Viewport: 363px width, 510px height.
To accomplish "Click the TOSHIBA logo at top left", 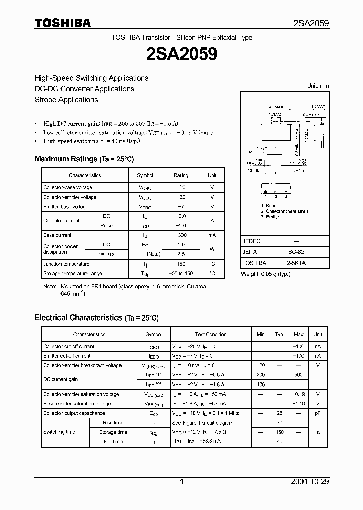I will pyautogui.click(x=63, y=23).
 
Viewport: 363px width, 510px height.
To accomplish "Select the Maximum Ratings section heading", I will pyautogui.click(x=84, y=159).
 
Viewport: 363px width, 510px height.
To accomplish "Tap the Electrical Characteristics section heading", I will pyautogui.click(x=96, y=318).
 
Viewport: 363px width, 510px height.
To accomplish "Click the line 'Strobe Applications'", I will pyautogui.click(x=66, y=100).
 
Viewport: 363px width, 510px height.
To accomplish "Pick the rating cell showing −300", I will pyautogui.click(x=180, y=235).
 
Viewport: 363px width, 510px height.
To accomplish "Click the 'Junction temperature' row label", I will pyautogui.click(x=66, y=264).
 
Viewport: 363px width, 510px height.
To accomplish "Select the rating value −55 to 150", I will pyautogui.click(x=180, y=274).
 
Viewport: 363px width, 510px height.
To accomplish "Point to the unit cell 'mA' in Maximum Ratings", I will pyautogui.click(x=212, y=235).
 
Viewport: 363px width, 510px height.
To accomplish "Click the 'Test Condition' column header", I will pyautogui.click(x=211, y=334).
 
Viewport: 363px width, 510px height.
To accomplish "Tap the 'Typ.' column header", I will pyautogui.click(x=279, y=334).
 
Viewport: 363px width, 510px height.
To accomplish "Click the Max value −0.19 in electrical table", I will pyautogui.click(x=298, y=394).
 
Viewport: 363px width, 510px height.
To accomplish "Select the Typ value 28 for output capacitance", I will pyautogui.click(x=279, y=413).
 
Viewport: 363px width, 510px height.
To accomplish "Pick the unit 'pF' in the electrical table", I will pyautogui.click(x=318, y=413).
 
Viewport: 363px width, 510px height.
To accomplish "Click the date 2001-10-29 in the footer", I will pyautogui.click(x=310, y=482).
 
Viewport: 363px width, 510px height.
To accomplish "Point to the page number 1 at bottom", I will pyautogui.click(x=181, y=482).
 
